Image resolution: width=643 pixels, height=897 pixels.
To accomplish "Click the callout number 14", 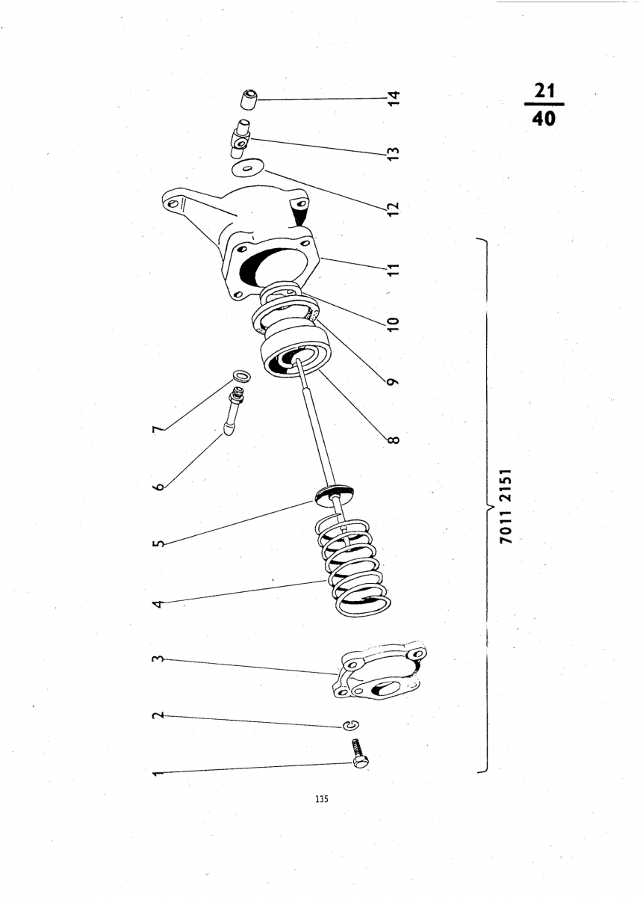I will coord(394,98).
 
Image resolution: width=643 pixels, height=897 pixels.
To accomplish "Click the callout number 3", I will coord(158,659).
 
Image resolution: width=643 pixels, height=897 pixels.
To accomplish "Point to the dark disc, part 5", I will coord(333,493).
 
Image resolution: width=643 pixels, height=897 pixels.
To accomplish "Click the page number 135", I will coord(321,798).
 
